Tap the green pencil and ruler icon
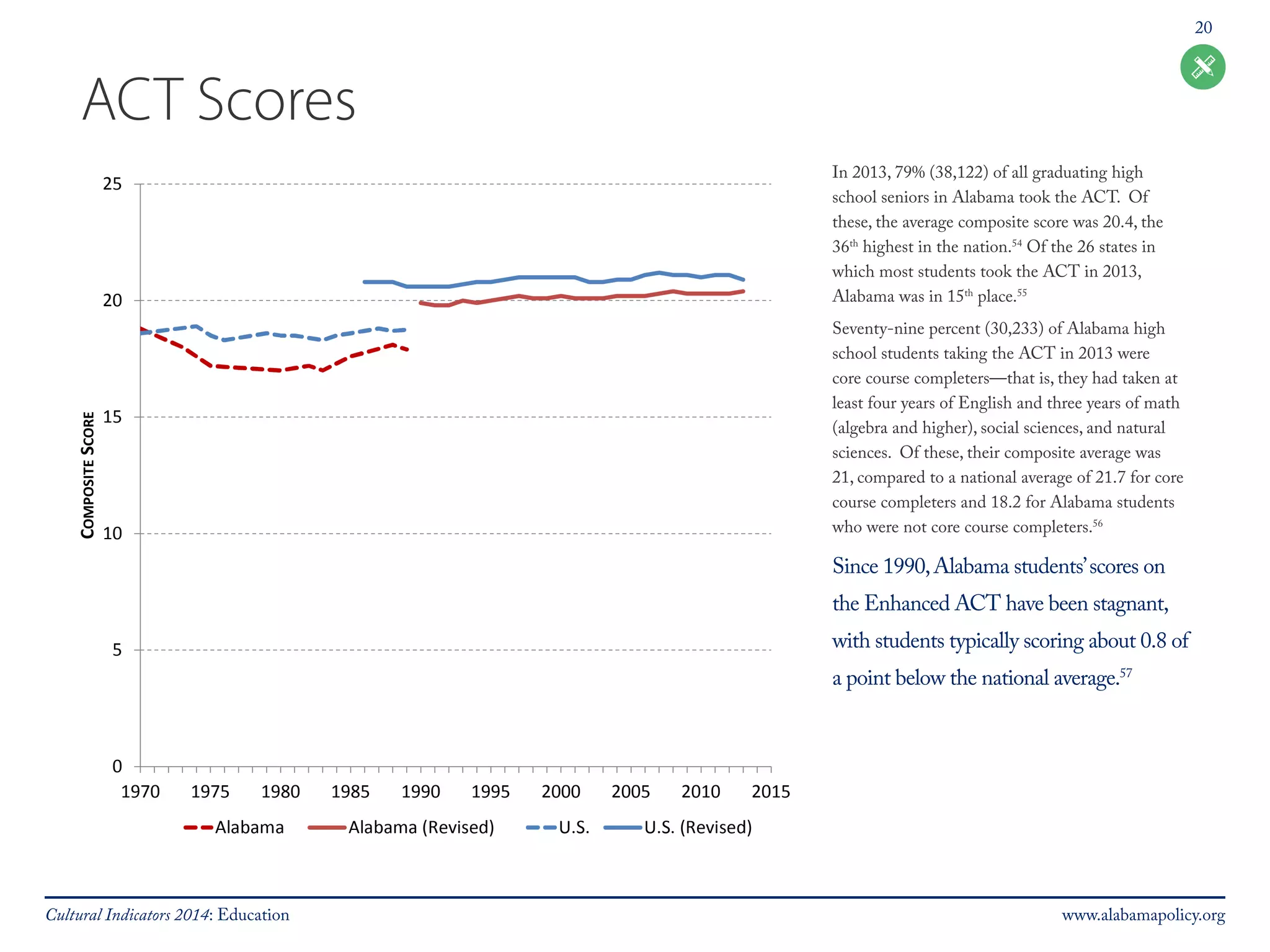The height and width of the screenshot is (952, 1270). (1202, 67)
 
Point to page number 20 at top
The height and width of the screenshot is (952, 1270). (1203, 28)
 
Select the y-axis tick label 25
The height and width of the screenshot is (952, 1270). (112, 184)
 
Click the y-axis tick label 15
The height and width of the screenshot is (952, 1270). (112, 417)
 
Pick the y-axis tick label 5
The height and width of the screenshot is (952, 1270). (117, 650)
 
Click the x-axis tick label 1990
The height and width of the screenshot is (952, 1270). (420, 791)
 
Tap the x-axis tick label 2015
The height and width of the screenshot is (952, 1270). (771, 791)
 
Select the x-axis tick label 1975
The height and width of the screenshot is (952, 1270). (210, 791)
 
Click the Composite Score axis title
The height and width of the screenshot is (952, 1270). (88, 475)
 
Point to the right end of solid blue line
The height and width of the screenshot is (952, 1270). (743, 280)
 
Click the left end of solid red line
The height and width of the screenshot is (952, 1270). (421, 302)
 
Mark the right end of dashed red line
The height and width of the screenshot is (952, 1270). (407, 350)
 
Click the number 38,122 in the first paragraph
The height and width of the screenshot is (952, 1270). (959, 172)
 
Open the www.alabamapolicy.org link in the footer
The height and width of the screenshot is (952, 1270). (1143, 915)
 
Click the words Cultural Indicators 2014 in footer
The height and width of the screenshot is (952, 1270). (127, 915)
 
